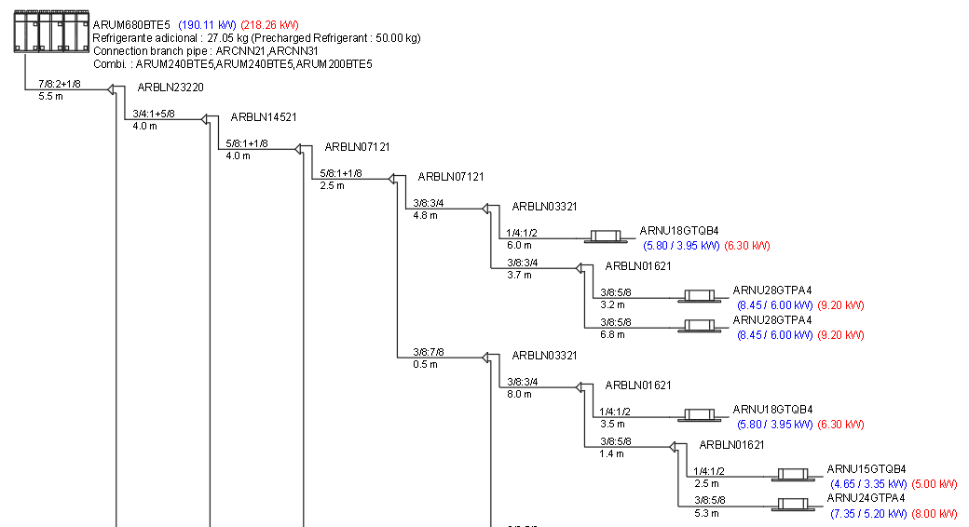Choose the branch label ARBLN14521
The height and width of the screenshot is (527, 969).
click(x=264, y=117)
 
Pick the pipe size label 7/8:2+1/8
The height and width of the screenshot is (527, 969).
click(x=60, y=84)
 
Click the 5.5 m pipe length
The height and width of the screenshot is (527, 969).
click(x=49, y=96)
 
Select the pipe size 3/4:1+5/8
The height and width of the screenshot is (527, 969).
click(x=154, y=114)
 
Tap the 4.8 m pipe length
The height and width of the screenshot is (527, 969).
click(x=424, y=215)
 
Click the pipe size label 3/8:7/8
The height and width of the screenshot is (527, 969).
click(x=429, y=352)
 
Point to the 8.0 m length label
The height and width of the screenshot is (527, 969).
click(x=518, y=394)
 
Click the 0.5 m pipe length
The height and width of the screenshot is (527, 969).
click(x=424, y=364)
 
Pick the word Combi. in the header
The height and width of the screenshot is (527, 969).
click(x=111, y=64)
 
